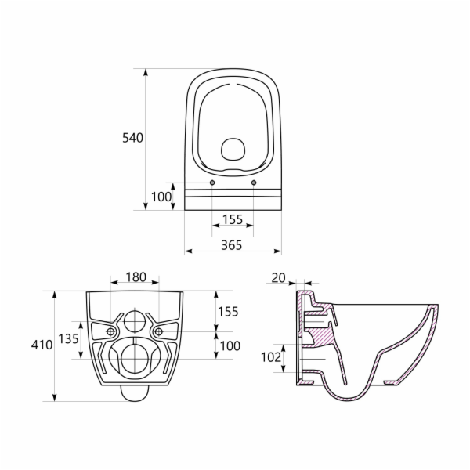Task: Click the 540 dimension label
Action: (133, 138)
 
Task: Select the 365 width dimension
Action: (231, 245)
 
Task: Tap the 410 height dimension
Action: (42, 345)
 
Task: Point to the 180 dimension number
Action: (136, 277)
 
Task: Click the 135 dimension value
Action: (68, 339)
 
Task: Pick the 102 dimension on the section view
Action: (271, 357)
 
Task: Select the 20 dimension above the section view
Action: (278, 278)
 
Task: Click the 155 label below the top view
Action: (233, 219)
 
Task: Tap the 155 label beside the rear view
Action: (228, 312)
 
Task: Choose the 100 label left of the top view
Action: (161, 197)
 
